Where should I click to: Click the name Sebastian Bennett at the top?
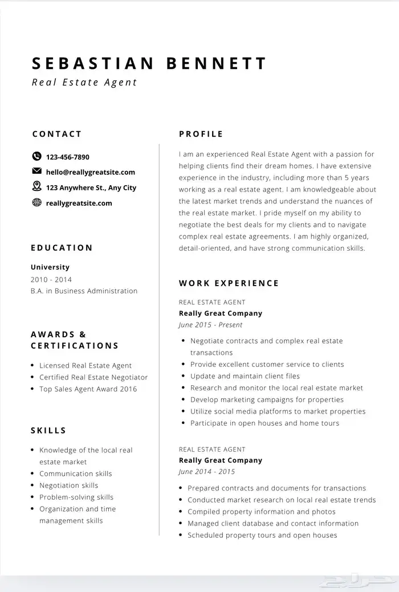(x=149, y=63)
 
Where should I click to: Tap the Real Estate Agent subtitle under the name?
(x=84, y=82)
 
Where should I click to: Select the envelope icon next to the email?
(x=37, y=172)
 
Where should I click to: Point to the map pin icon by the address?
(x=37, y=186)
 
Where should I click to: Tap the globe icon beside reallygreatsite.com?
(x=37, y=202)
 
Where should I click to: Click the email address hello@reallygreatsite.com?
(x=90, y=172)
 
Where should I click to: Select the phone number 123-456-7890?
(x=67, y=157)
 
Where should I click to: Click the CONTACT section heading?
(x=57, y=134)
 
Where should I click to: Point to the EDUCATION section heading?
(x=62, y=248)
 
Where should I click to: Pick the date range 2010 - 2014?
(x=51, y=279)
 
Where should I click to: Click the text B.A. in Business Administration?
(x=84, y=291)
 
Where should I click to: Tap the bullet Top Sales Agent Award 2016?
(x=88, y=389)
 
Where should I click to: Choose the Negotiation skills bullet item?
(x=68, y=485)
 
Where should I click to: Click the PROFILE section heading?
(x=201, y=134)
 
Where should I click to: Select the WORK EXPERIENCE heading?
(x=229, y=283)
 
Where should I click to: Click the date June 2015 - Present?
(x=210, y=325)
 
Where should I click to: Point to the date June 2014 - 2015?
(x=206, y=472)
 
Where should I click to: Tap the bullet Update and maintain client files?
(x=245, y=376)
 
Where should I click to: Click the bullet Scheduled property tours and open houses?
(x=262, y=535)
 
